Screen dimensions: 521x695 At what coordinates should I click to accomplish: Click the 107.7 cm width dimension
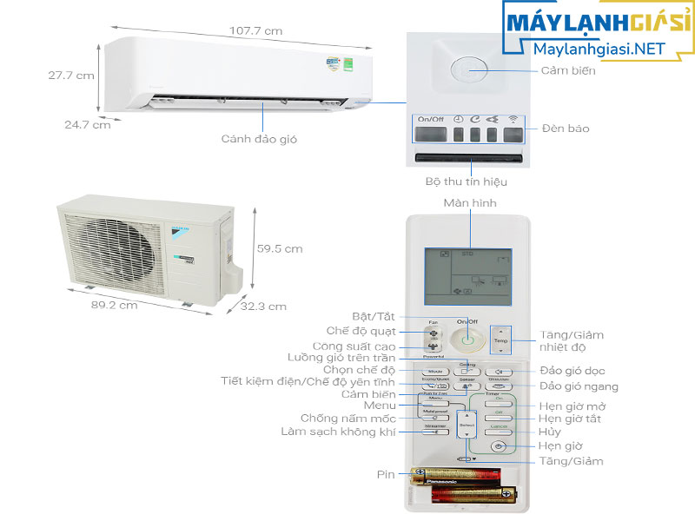coord(255,31)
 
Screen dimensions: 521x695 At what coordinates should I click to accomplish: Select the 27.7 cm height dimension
coord(71,76)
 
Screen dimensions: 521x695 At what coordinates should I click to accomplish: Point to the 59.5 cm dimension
coord(280,248)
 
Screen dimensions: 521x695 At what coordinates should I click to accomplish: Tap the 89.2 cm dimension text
coord(113,306)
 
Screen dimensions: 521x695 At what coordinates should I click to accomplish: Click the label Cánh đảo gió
coord(254,138)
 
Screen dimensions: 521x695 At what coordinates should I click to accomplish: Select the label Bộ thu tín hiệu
coord(466,182)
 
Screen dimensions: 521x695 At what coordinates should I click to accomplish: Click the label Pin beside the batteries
coord(387,474)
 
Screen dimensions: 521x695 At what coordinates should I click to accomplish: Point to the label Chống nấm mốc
coord(335,419)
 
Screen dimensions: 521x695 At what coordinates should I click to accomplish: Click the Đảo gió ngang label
coord(579,386)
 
